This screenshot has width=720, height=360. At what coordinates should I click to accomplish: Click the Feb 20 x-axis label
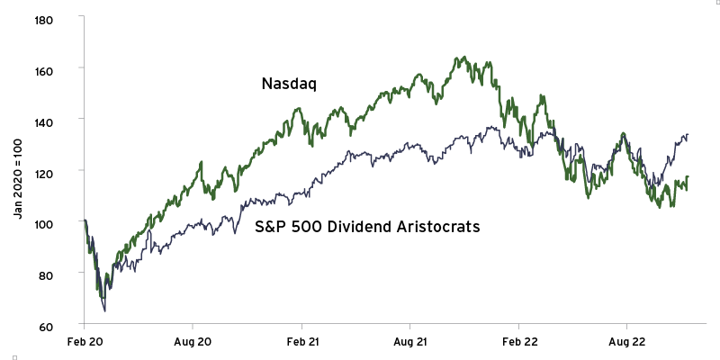click(x=84, y=343)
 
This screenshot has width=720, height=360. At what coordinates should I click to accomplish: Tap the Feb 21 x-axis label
click(x=301, y=343)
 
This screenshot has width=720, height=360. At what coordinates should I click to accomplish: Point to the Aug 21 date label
click(x=409, y=343)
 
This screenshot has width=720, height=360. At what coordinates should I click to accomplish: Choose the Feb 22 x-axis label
click(x=517, y=343)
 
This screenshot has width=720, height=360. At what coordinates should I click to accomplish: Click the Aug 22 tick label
click(x=626, y=343)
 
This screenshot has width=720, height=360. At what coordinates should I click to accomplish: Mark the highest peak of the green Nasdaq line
click(x=458, y=58)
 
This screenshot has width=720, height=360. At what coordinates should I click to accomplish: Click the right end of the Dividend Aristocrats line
click(x=688, y=136)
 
